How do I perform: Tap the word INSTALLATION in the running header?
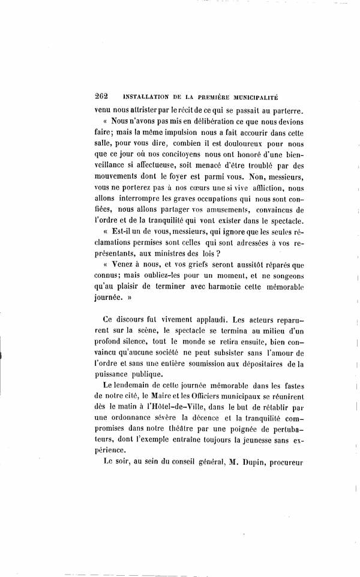pyautogui.click(x=145, y=97)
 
